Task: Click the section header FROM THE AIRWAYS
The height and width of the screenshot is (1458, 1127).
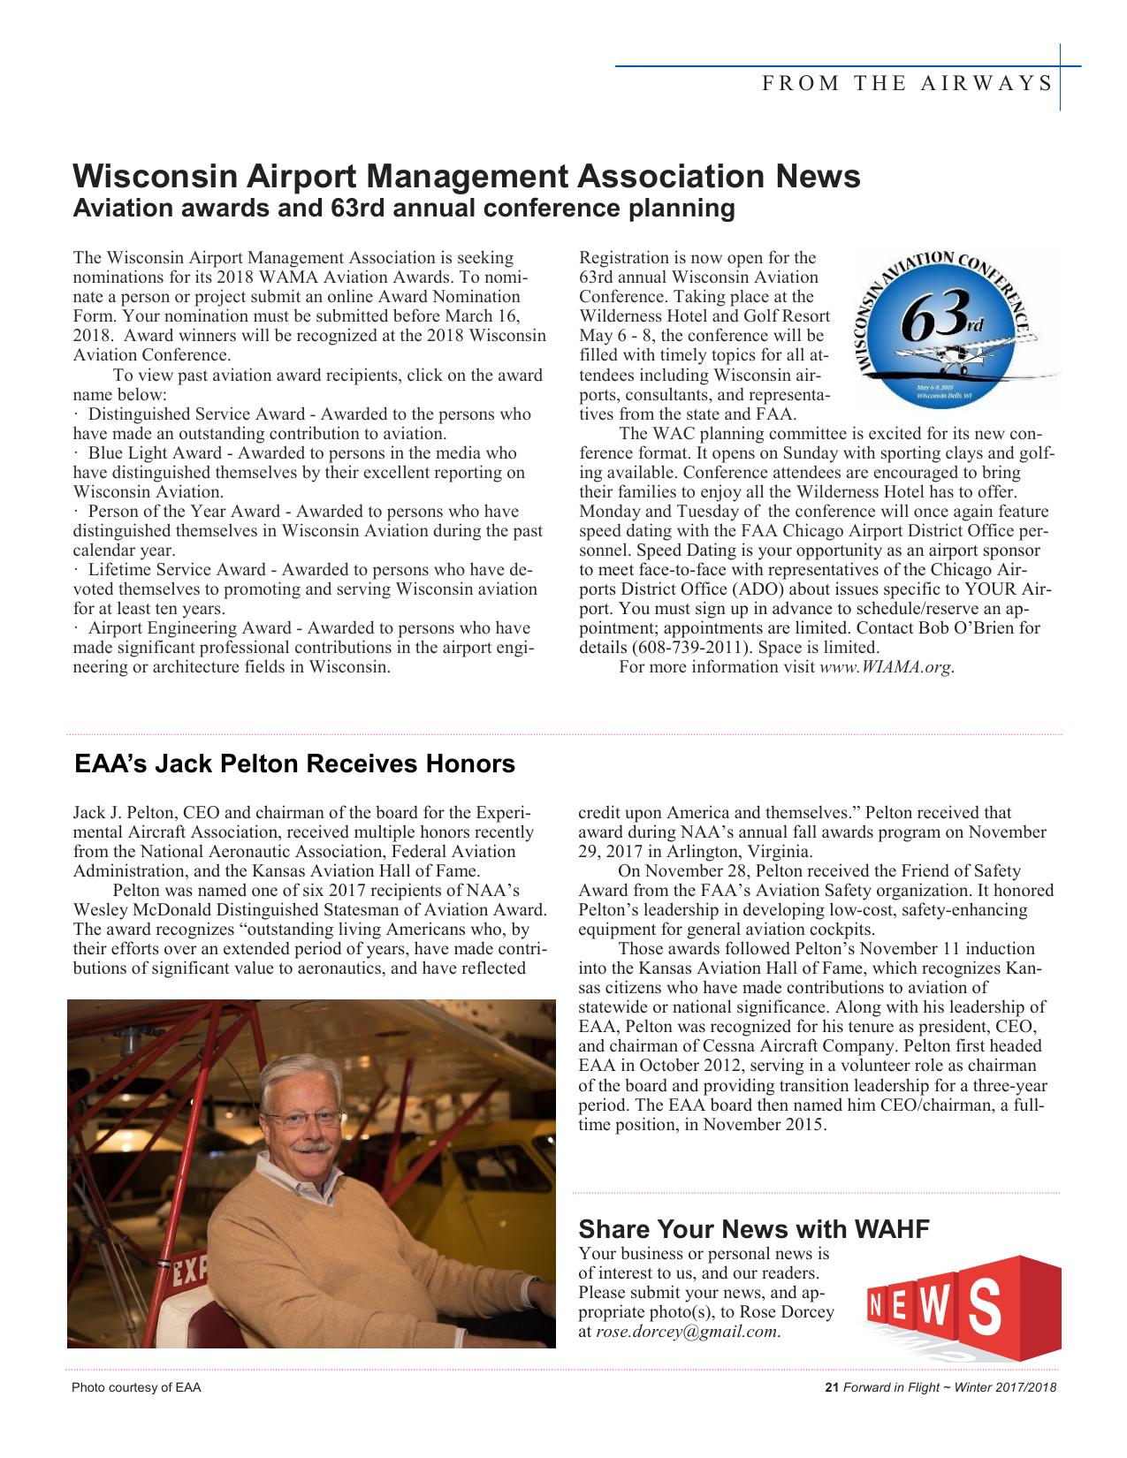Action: (907, 84)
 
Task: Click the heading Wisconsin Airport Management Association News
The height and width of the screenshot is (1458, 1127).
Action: (466, 177)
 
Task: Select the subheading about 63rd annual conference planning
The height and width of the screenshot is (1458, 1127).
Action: (403, 209)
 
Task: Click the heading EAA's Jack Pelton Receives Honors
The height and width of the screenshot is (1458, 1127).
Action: (294, 763)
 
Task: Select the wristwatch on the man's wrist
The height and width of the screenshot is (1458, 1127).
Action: (531, 1283)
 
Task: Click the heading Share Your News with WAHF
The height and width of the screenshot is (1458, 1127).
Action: (753, 1229)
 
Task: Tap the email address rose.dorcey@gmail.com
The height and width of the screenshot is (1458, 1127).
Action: (687, 1332)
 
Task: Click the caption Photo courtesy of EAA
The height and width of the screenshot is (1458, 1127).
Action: (136, 1387)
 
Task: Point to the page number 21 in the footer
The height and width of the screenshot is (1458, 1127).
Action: (830, 1386)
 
